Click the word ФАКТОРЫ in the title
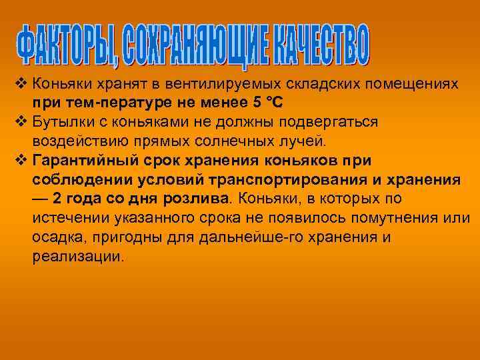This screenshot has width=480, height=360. pos(63,47)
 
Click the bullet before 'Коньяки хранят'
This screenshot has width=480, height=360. pos(19,85)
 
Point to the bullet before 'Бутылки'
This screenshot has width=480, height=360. pos(19,123)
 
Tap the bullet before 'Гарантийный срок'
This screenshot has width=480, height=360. pos(19,161)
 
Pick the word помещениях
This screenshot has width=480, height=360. pos(413,85)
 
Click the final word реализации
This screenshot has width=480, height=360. pos(77,257)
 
